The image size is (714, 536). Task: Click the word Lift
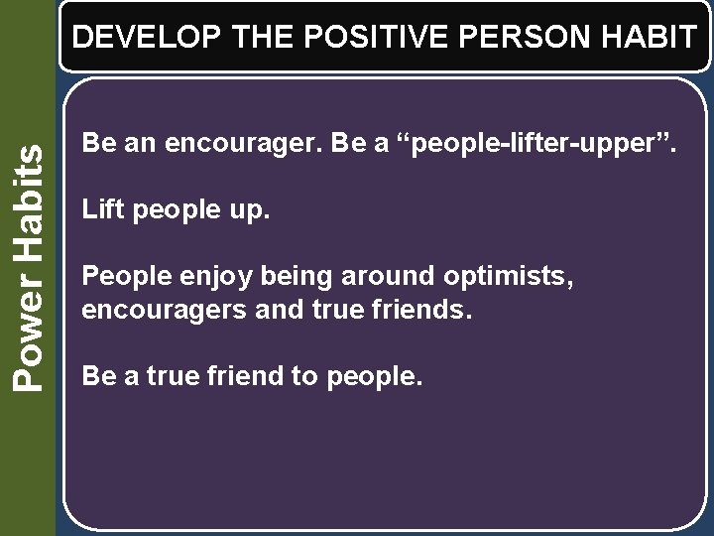[100, 209]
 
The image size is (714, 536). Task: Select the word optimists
[496, 275]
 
